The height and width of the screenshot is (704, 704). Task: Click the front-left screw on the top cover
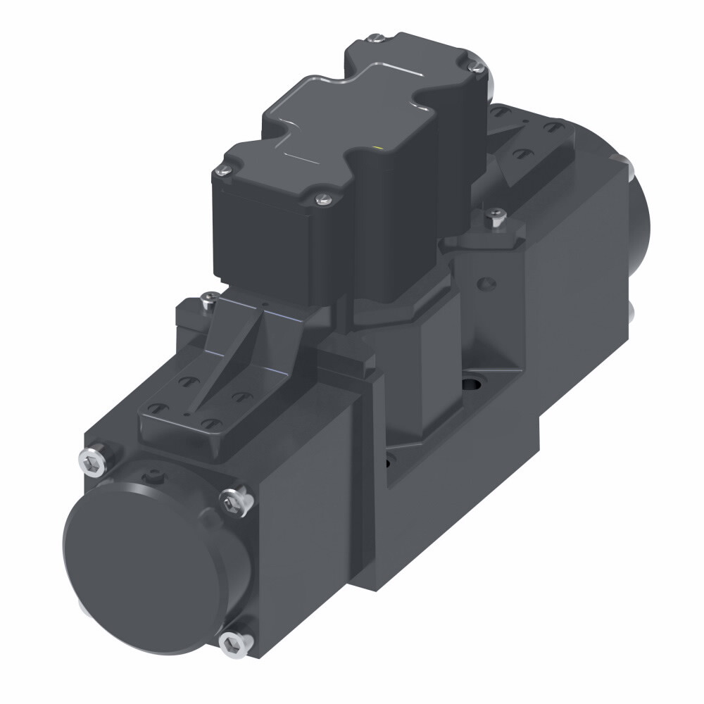223,169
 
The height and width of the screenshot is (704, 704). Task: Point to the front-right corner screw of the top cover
322,199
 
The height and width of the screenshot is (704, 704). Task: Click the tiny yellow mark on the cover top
381,148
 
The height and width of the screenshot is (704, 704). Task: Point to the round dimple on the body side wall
484,282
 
